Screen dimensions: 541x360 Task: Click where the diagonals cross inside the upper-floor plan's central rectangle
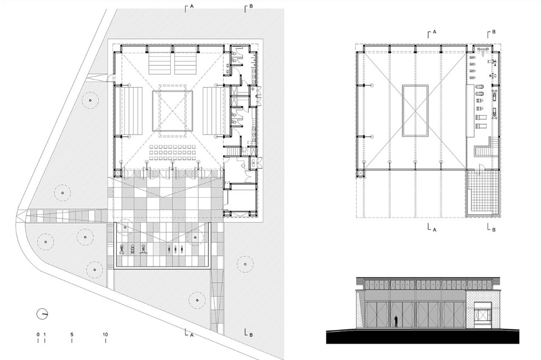(x=415, y=110)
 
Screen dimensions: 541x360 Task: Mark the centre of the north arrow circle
(x=42, y=314)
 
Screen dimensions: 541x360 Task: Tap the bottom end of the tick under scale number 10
(x=105, y=343)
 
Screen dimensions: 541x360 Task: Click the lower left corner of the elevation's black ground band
(x=326, y=344)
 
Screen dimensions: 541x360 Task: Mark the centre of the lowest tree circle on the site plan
(x=197, y=300)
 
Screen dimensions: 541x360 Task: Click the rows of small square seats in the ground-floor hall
(x=173, y=153)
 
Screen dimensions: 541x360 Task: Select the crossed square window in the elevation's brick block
(x=482, y=315)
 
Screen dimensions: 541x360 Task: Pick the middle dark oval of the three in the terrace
(x=176, y=248)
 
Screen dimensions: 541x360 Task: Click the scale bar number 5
(x=72, y=335)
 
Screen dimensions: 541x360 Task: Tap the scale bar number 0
(x=38, y=335)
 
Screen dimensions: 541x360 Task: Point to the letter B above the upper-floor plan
(x=494, y=32)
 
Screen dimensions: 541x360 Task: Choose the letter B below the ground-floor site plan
(x=251, y=335)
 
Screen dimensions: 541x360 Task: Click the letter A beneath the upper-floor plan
(x=434, y=230)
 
